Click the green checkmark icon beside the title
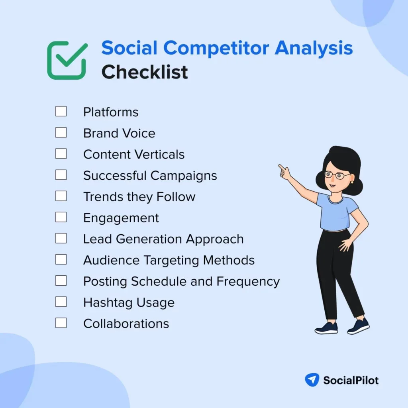(x=67, y=61)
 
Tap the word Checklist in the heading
(x=145, y=72)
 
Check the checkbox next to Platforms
(x=61, y=112)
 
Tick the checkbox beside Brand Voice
(x=61, y=133)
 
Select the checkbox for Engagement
(x=61, y=217)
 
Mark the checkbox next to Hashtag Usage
(x=61, y=302)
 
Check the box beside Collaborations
(x=61, y=323)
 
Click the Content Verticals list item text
(x=134, y=154)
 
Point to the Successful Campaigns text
(x=150, y=175)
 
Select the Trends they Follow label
(x=139, y=196)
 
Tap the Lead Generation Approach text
(x=163, y=239)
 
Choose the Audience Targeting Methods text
(x=169, y=260)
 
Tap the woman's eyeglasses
(x=337, y=175)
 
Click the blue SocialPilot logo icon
(x=312, y=380)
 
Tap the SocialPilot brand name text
(x=351, y=380)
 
